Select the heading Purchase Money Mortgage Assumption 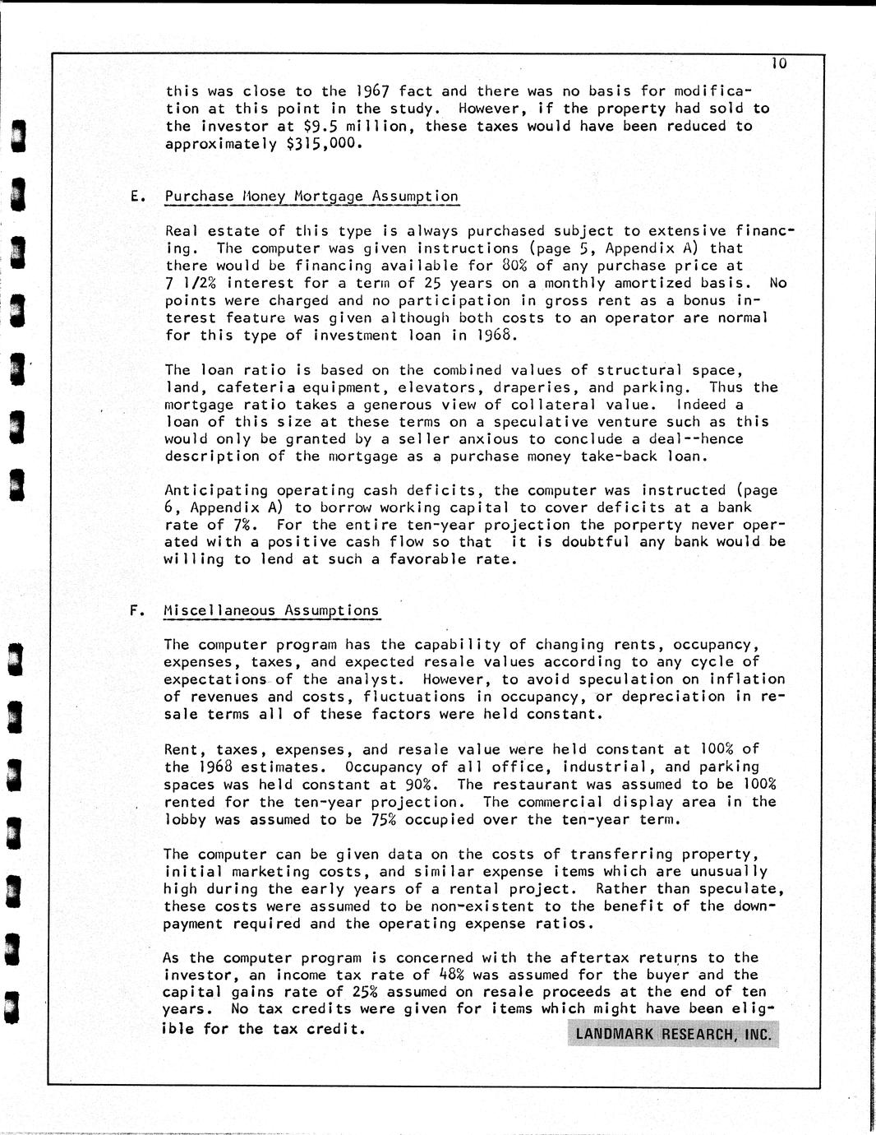click(x=311, y=197)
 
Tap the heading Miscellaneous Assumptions click(x=271, y=610)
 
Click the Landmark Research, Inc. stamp click(x=673, y=1035)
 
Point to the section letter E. click(x=135, y=197)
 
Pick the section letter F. click(x=134, y=610)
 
